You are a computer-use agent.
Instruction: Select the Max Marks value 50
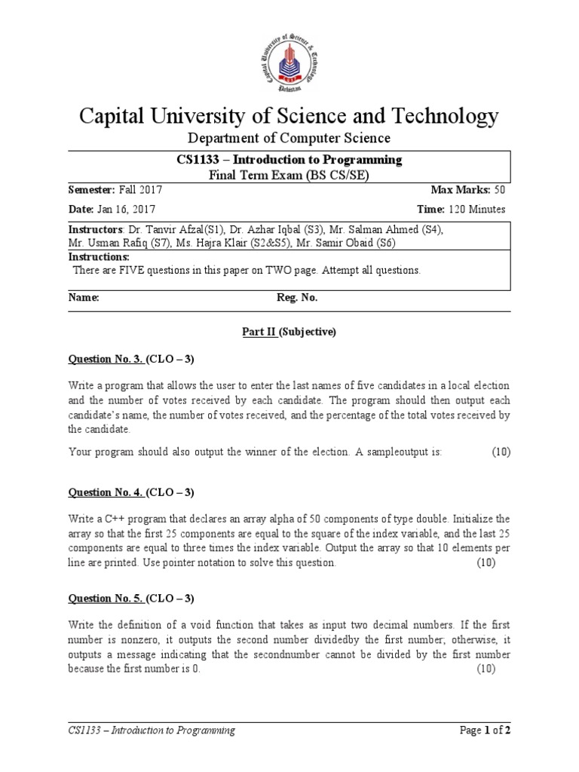500,190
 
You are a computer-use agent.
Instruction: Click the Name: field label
84,298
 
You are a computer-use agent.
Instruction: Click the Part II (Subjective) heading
289,331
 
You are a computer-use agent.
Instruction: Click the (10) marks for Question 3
501,452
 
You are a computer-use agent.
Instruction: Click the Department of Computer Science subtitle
289,138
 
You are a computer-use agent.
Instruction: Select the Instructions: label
100,257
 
